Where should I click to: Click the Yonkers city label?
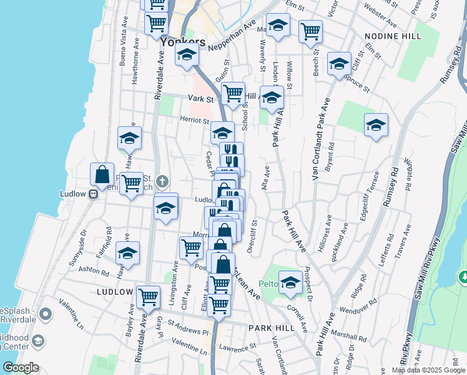pyautogui.click(x=182, y=42)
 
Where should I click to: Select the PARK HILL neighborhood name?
pyautogui.click(x=270, y=328)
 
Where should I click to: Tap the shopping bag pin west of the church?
pyautogui.click(x=102, y=175)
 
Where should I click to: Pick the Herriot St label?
pyautogui.click(x=195, y=120)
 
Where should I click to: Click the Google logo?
pyautogui.click(x=21, y=367)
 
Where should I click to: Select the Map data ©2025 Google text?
pyautogui.click(x=428, y=370)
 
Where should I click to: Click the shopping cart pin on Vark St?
pyautogui.click(x=233, y=94)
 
